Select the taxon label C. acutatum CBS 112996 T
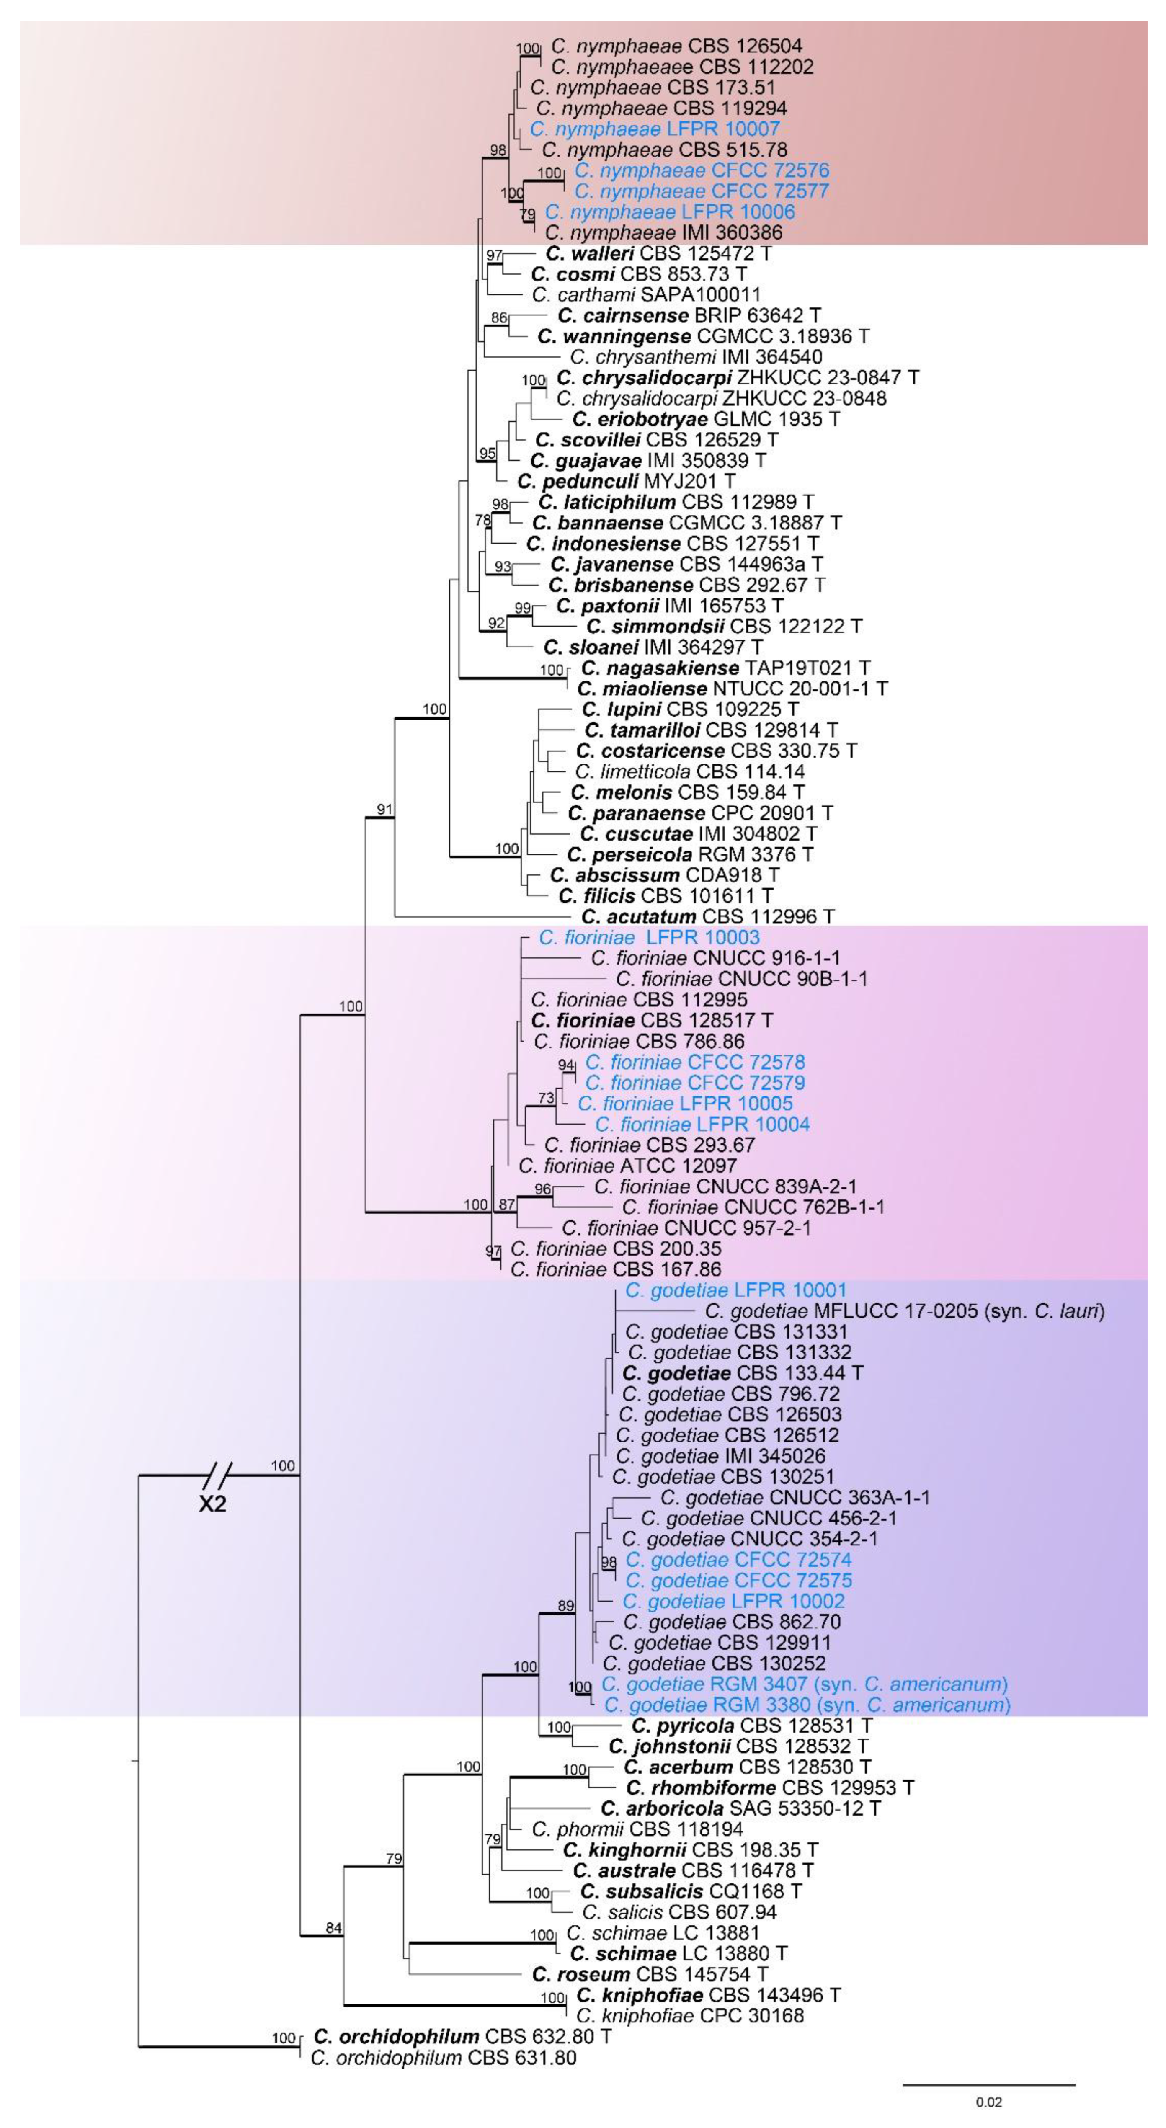pos(708,916)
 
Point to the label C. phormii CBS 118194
pos(637,1829)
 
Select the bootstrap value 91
pos(384,810)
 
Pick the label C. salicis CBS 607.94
pos(679,1911)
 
